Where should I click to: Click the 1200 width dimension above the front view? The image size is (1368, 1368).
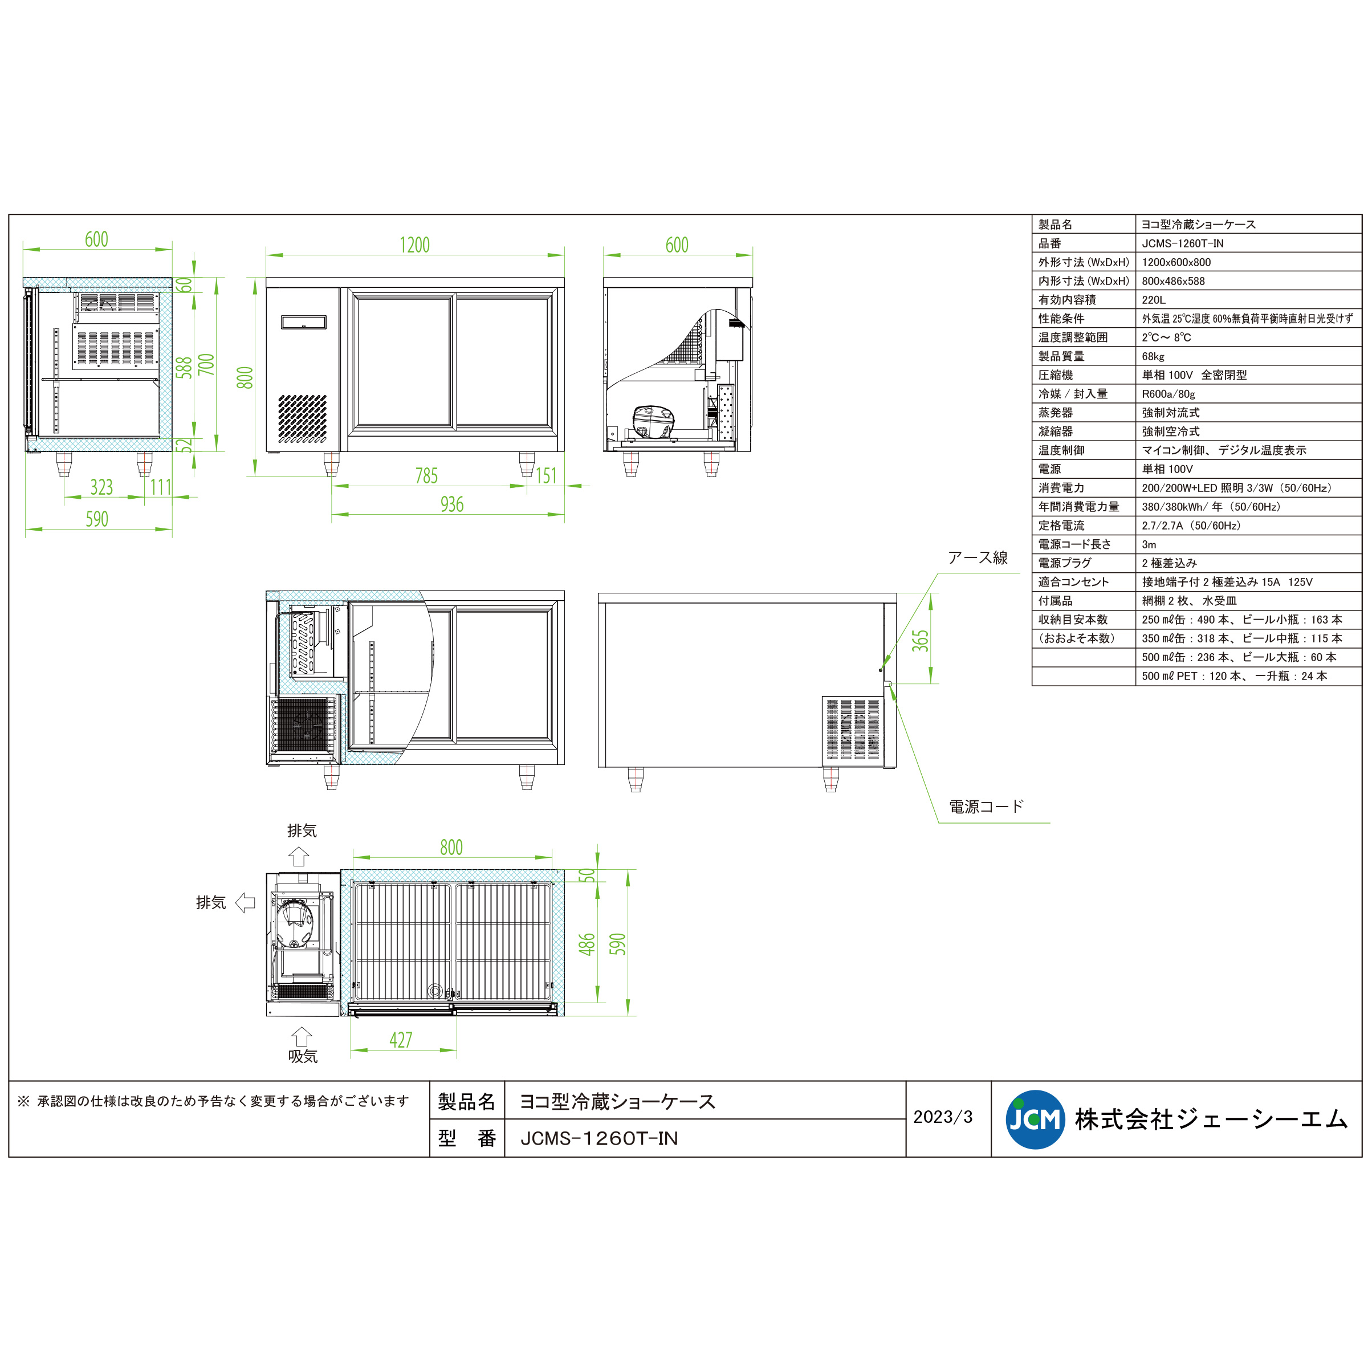pyautogui.click(x=414, y=245)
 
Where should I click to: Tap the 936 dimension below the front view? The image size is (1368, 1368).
pyautogui.click(x=452, y=504)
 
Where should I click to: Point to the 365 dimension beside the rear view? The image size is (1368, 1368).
pyautogui.click(x=920, y=640)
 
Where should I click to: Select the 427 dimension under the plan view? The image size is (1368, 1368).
pyautogui.click(x=400, y=1040)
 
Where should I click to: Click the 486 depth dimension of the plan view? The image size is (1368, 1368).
pyautogui.click(x=587, y=944)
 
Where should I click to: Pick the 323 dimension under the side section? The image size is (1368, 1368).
pyautogui.click(x=101, y=487)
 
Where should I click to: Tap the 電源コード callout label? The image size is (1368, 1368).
pyautogui.click(x=986, y=807)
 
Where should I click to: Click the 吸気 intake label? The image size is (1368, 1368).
pyautogui.click(x=302, y=1056)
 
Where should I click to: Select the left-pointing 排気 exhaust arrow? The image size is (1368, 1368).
pyautogui.click(x=245, y=902)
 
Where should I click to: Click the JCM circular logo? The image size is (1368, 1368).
pyautogui.click(x=1035, y=1119)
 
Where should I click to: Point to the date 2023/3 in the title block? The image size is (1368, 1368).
pyautogui.click(x=942, y=1117)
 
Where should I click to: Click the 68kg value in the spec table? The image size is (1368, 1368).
pyautogui.click(x=1153, y=357)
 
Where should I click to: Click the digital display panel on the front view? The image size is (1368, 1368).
pyautogui.click(x=304, y=323)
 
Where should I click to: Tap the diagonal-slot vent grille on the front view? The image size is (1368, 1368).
pyautogui.click(x=302, y=418)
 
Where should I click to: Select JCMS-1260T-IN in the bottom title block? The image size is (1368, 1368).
pyautogui.click(x=599, y=1138)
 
